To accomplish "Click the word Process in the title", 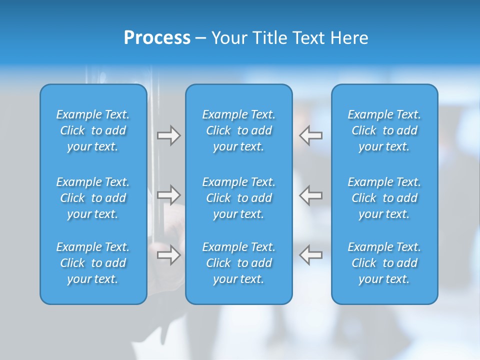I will point(157,38).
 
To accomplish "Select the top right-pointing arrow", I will point(168,135).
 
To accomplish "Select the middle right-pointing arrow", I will point(168,194).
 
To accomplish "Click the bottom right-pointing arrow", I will point(168,254).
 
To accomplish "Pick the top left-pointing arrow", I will point(311,135).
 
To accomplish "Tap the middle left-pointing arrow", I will point(311,194).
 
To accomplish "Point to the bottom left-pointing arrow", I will point(311,254).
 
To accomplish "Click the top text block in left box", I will point(93,130).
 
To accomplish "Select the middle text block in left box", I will point(93,198).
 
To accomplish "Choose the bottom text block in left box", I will point(93,263).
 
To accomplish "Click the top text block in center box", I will point(239,130).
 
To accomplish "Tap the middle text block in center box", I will point(239,198).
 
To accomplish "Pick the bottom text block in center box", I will point(239,263).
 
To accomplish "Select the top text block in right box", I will point(384,130).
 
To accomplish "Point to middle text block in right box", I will point(384,198).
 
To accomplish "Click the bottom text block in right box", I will point(384,263).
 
